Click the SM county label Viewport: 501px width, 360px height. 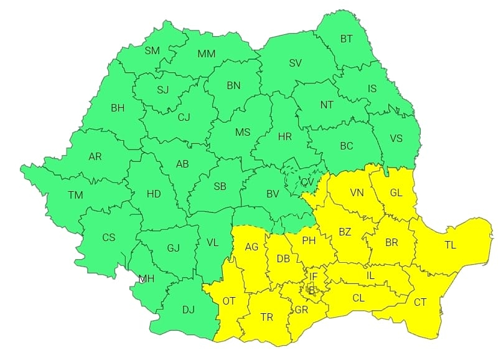tap(152, 51)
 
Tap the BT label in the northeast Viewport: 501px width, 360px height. tap(346, 39)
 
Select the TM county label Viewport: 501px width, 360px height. tap(76, 196)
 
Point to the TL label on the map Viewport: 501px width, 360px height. tap(450, 245)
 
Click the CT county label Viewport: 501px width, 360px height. tap(420, 302)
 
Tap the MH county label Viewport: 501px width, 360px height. tap(146, 278)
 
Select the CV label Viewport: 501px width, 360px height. tap(307, 182)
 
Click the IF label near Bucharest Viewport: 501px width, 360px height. tap(314, 277)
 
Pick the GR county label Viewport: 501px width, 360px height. tap(302, 310)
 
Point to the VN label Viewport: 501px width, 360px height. tap(357, 192)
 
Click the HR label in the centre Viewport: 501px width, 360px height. tap(285, 136)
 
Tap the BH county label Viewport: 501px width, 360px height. tap(118, 108)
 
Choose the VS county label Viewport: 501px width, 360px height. tap(396, 138)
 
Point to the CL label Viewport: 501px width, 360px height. tap(358, 298)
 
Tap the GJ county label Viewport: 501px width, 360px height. tap(173, 249)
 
